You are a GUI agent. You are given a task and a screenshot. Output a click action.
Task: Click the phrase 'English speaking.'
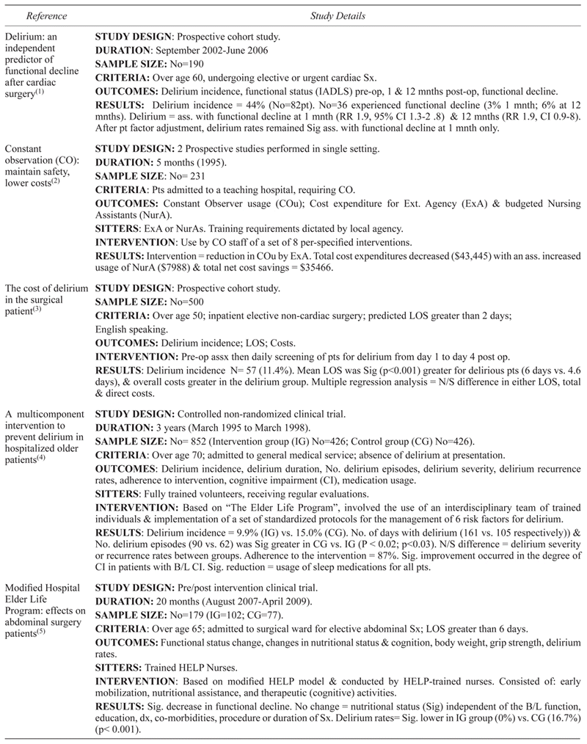pos(130,337)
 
